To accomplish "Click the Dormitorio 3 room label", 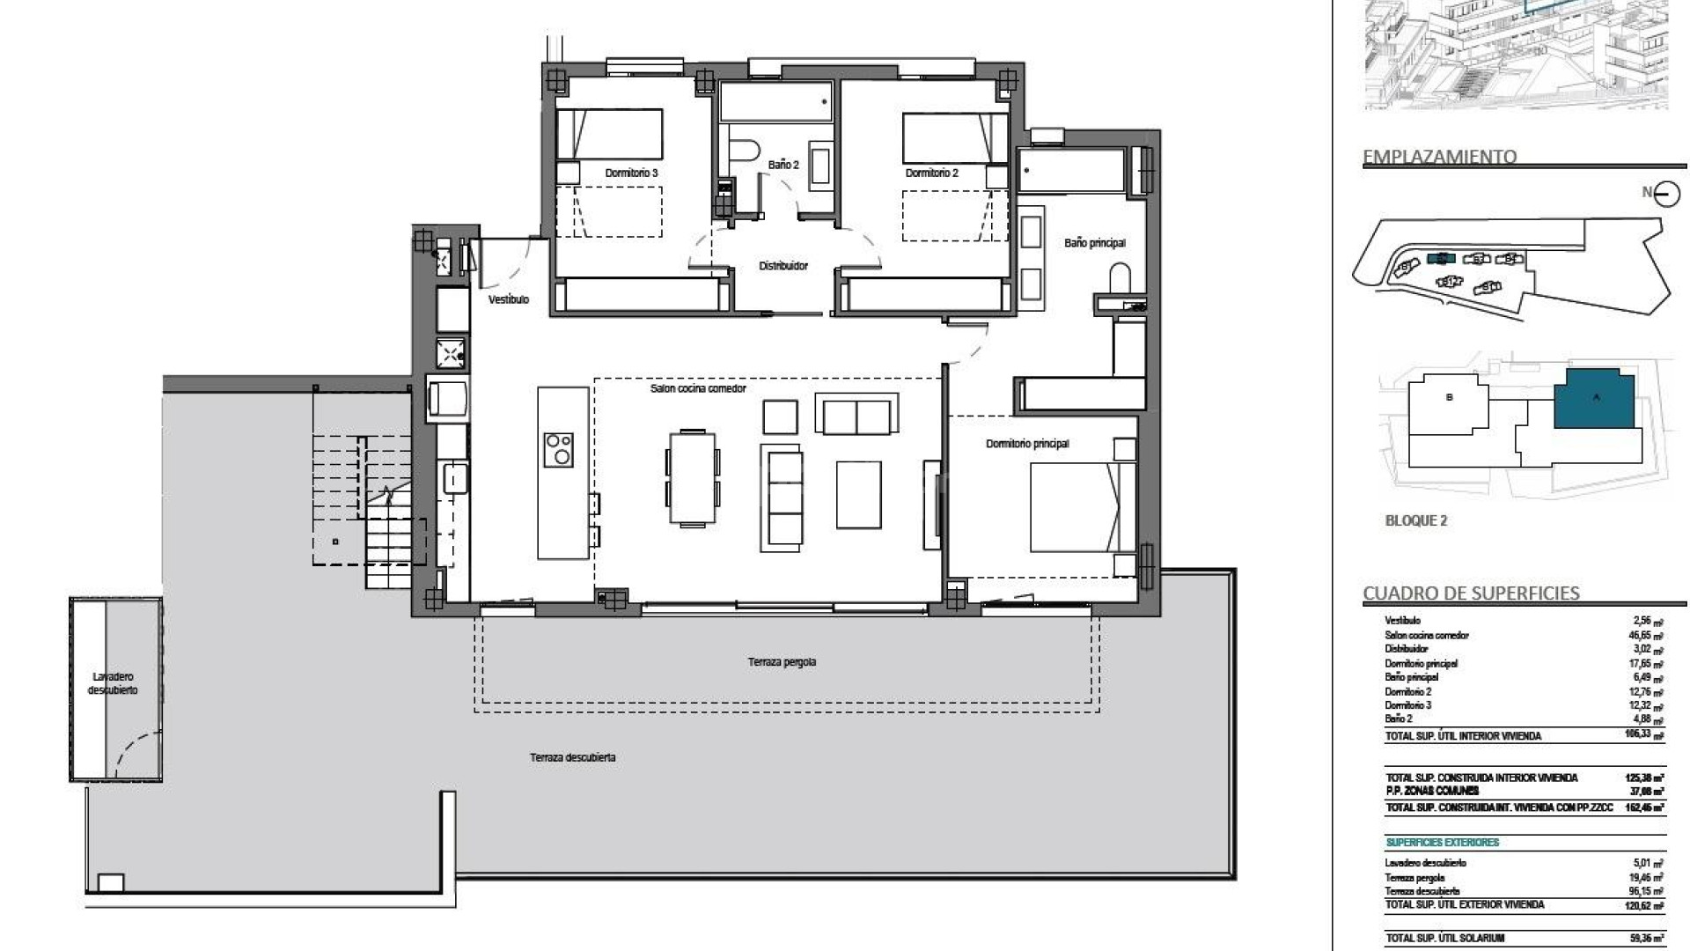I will [631, 173].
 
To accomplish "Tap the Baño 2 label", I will [783, 165].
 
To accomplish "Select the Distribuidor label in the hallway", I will [783, 266].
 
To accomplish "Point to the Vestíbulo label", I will [509, 300].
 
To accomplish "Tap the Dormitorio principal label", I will [1027, 444].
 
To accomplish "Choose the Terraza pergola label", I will [783, 662].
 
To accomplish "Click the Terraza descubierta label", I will [573, 757].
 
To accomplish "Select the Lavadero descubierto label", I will [113, 683].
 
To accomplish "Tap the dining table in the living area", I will [692, 476].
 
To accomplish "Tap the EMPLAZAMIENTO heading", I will [1439, 157].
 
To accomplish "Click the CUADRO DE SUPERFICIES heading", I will [1471, 593].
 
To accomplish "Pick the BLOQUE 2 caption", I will [1416, 520].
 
